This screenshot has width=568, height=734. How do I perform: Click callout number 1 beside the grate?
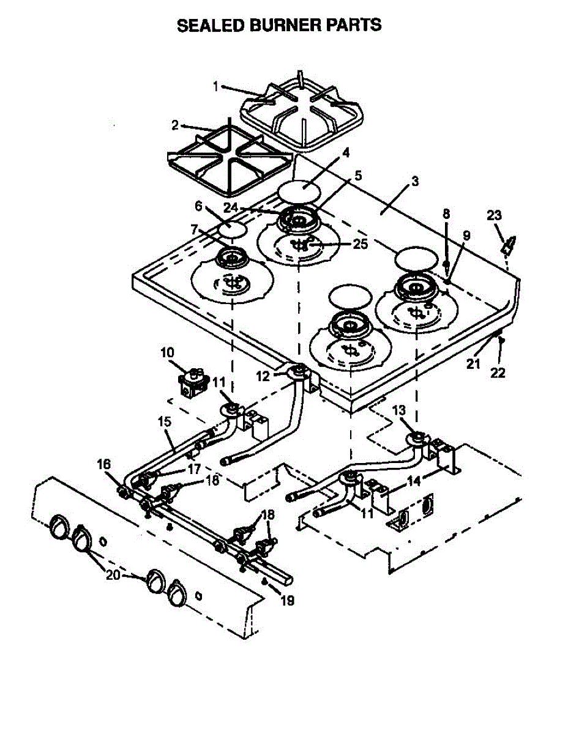215,86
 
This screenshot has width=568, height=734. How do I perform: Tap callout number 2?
175,125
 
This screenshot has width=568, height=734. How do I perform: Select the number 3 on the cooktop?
415,181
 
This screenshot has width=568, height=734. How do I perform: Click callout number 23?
494,215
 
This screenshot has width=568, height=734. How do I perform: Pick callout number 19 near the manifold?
286,601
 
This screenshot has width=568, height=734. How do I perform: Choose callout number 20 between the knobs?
113,576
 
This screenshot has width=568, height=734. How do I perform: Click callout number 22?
498,373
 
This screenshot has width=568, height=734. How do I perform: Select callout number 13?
398,409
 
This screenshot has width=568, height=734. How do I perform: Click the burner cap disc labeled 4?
299,191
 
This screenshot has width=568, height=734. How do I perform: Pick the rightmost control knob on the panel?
178,591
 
